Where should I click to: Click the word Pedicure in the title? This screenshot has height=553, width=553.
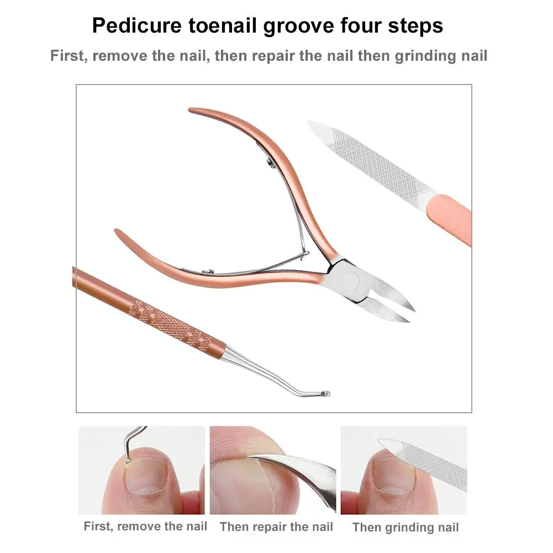[x=137, y=25]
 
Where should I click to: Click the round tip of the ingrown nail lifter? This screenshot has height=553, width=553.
[x=326, y=393]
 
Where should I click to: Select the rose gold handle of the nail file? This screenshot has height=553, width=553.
[x=449, y=219]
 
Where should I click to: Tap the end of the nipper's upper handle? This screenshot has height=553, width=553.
[x=191, y=110]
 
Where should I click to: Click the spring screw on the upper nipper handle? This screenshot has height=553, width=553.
[x=270, y=162]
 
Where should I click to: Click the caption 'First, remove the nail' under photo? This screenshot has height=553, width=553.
[x=145, y=526]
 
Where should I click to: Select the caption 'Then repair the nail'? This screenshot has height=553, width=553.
[x=276, y=526]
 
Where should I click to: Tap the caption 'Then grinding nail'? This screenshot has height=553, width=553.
[x=405, y=527]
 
